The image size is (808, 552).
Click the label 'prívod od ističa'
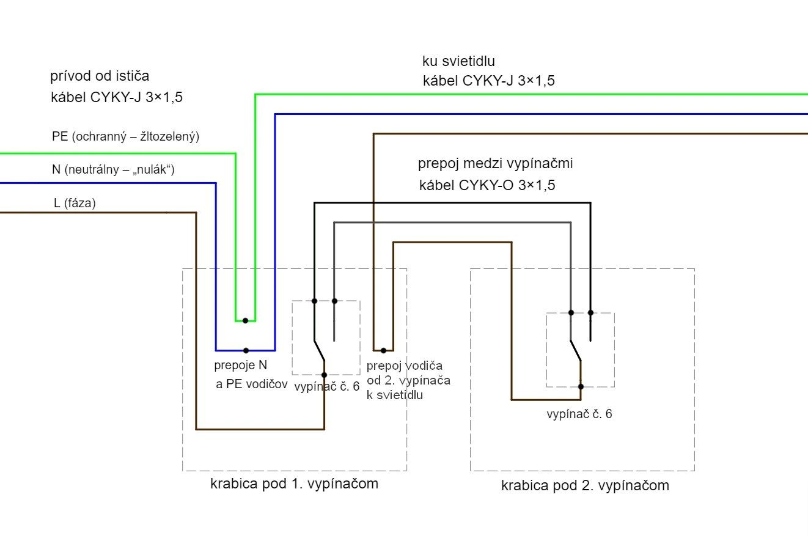coord(100,76)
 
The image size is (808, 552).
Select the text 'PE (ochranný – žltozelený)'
coord(125,137)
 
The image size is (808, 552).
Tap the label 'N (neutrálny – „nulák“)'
coord(113,169)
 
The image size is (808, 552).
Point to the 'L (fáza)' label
coord(75,204)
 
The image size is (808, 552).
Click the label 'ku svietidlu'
coord(458,61)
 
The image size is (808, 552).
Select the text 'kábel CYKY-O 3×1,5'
coord(487,186)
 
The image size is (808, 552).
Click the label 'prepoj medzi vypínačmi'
coord(495,164)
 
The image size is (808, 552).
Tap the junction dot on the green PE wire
coord(245,320)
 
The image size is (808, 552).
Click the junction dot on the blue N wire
coord(246,350)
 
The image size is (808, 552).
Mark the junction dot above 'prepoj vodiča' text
coord(383,350)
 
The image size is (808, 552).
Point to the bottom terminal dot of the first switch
coord(324,375)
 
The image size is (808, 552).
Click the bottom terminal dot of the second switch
coord(581,386)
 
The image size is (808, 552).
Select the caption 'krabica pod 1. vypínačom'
coord(294,484)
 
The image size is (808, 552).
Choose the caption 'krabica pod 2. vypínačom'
coord(585,486)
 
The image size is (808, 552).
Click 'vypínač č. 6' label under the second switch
coord(579,414)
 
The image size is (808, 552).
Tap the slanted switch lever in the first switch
coord(320,351)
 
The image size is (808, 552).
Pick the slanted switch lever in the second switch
coord(575,350)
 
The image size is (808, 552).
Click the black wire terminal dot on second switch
coord(590,312)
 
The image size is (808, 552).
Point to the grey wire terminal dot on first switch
coord(334,301)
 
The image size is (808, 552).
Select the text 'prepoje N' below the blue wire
coord(241,366)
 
